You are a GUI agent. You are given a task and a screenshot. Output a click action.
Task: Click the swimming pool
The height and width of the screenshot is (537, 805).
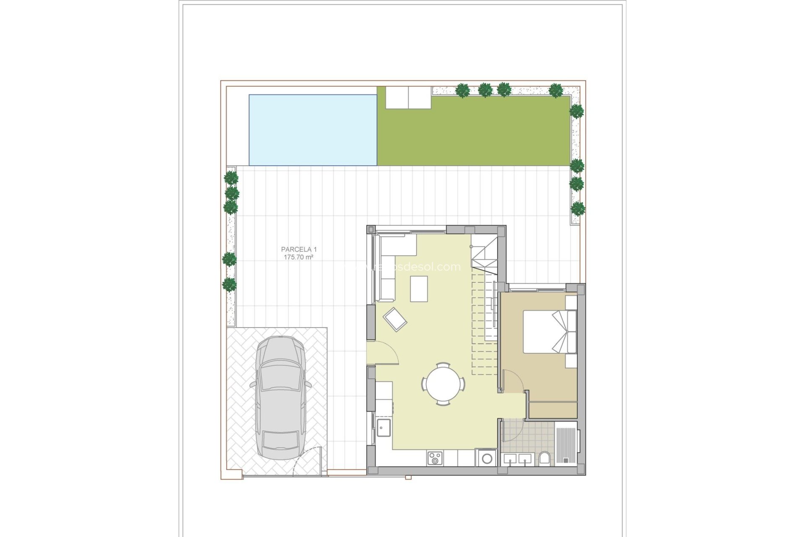[x=313, y=130]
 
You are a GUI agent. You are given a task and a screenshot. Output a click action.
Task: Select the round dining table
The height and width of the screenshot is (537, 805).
[x=443, y=383]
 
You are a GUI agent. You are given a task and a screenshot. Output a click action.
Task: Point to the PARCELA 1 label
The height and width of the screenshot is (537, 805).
[x=299, y=249]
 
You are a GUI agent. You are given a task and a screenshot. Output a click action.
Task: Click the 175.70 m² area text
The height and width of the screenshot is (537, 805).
[x=299, y=257]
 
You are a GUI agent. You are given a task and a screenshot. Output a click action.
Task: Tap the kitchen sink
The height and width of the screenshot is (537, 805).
[x=383, y=428]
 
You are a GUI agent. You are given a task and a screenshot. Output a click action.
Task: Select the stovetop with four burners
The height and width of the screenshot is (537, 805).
[x=434, y=458]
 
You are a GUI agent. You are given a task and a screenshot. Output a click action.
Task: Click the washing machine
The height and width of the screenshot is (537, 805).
[x=486, y=458]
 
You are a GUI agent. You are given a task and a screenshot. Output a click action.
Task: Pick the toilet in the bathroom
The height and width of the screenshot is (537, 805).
[x=544, y=458]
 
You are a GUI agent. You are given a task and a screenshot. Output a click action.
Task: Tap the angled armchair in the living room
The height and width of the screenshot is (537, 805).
[x=395, y=320]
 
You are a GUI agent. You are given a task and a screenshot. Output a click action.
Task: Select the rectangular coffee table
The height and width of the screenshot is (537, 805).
[x=419, y=289]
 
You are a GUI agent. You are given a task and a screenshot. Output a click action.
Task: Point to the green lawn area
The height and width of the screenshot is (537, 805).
[x=474, y=134]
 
